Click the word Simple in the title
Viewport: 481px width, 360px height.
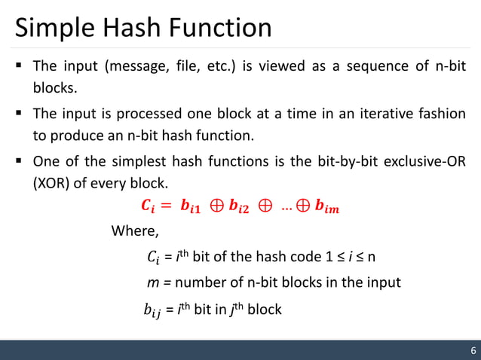pos(54,28)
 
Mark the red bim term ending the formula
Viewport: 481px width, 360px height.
pos(327,206)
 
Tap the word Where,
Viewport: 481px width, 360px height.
pos(135,230)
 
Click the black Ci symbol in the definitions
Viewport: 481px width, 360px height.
pos(153,258)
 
